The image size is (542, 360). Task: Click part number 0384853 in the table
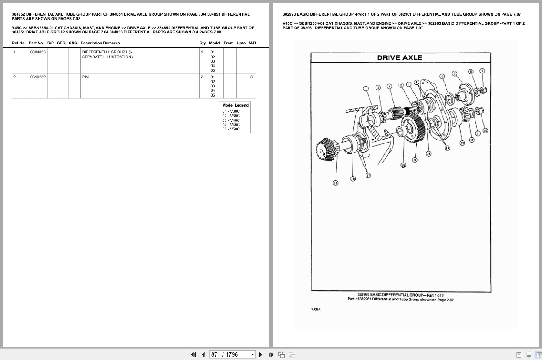point(38,52)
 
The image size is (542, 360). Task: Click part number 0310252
point(38,77)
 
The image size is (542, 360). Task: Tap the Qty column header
point(202,43)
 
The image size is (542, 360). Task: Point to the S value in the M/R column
point(251,77)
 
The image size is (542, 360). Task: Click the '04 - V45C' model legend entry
point(231,125)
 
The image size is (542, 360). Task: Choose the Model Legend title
point(235,105)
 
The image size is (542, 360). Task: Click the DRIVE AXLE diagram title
point(399,57)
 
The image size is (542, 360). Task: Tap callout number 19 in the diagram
point(335,183)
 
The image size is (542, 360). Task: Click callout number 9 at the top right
point(482,71)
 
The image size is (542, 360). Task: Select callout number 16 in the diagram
point(403,165)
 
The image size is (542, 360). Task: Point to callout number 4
point(389,86)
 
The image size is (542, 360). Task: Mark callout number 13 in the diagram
point(462,143)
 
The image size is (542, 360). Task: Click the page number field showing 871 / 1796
point(232,354)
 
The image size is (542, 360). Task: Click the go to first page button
point(194,354)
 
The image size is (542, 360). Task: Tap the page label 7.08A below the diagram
point(316,309)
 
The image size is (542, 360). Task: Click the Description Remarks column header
point(100,43)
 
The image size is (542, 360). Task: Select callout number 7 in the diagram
point(454,73)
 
